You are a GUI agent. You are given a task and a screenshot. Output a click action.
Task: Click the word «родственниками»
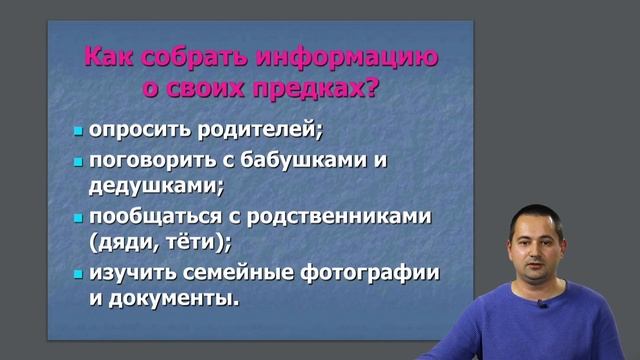pos(341,216)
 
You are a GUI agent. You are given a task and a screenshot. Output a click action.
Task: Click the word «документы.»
pos(177,297)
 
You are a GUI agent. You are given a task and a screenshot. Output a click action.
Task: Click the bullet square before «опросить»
pos(78,132)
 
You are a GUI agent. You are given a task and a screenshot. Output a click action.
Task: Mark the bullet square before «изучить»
pos(78,273)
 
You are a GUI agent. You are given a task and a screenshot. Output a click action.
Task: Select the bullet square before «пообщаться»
pos(78,217)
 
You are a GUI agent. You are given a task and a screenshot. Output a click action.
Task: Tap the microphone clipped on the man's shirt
pos(542,303)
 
